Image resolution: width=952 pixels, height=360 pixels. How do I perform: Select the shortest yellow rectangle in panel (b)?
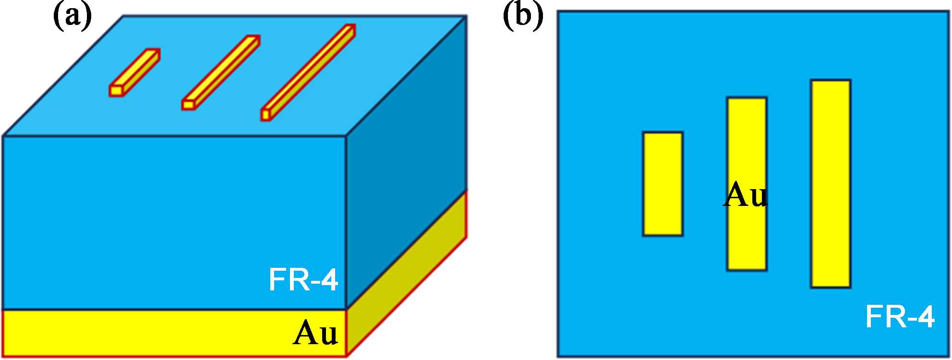tap(663, 184)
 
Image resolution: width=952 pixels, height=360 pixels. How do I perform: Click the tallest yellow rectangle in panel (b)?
tap(831, 184)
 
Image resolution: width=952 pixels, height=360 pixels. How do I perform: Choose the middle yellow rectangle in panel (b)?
tap(747, 144)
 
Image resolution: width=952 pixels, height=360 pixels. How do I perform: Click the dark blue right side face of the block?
tap(406, 158)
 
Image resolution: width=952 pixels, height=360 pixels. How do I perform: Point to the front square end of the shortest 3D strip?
tap(116, 90)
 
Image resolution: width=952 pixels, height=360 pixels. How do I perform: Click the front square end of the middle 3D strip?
tap(188, 104)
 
